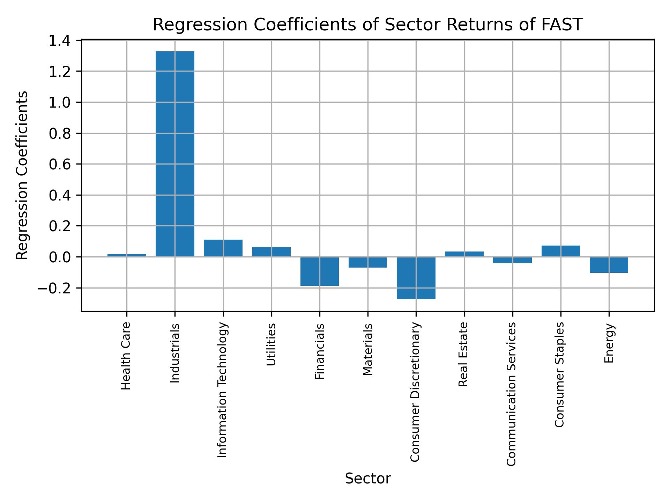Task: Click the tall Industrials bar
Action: tap(175, 154)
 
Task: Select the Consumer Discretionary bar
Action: tap(416, 278)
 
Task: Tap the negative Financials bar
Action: tap(320, 271)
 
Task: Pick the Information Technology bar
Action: tap(223, 248)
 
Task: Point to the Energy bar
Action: tap(609, 265)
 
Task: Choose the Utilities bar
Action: tap(271, 252)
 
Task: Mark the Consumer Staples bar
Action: tap(561, 251)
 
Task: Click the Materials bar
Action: tap(368, 262)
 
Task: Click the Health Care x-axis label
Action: tap(126, 356)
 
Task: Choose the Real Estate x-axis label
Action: tap(463, 354)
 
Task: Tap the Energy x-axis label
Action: tap(609, 343)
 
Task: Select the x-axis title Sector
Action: tap(368, 479)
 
